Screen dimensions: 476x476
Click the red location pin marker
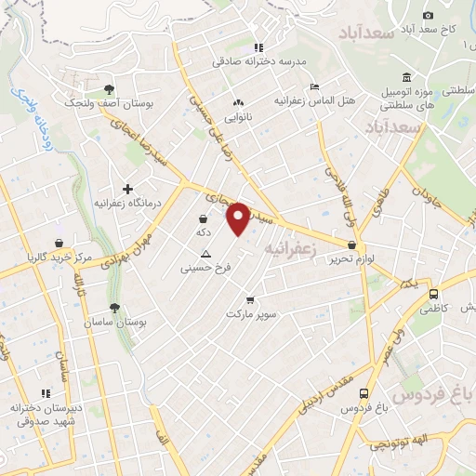coord(239,218)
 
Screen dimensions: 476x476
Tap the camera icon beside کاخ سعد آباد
coord(429,15)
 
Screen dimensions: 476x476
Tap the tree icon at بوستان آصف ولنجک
coord(111,88)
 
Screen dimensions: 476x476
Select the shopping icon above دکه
coord(203,219)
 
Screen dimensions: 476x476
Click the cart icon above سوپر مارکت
coord(250,300)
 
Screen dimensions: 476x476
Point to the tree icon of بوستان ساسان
coord(115,308)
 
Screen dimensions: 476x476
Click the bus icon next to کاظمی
coord(433,295)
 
